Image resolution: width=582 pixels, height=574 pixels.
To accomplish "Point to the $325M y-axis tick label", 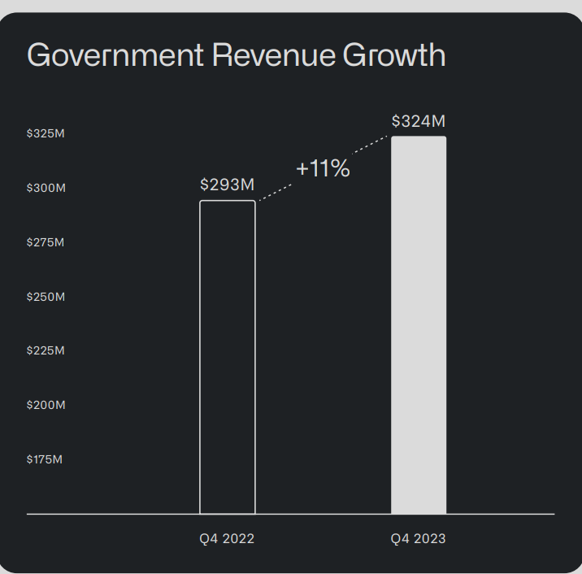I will click(46, 133).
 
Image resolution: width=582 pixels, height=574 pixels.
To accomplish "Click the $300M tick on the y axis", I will click(46, 188).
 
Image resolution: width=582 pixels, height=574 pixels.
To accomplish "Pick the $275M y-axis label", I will click(46, 242).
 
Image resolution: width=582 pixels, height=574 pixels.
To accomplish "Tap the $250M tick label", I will click(46, 297).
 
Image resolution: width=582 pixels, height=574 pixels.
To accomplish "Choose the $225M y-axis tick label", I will click(46, 350).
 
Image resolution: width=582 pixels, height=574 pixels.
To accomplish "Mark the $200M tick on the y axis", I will click(46, 405).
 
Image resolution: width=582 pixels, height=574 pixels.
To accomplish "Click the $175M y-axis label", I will click(45, 459).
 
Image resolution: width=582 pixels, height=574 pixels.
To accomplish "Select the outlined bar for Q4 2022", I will click(228, 358).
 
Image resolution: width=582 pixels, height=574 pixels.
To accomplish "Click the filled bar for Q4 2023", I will click(419, 325).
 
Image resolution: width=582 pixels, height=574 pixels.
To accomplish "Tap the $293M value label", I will click(228, 185).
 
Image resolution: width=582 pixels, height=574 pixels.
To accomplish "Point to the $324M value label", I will click(419, 121).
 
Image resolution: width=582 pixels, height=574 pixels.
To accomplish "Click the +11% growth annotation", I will click(323, 168).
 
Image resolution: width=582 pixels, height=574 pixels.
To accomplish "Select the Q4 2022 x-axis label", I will click(227, 538).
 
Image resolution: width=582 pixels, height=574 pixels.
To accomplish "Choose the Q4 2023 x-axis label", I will click(418, 538).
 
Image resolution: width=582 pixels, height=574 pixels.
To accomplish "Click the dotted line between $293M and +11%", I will click(275, 192).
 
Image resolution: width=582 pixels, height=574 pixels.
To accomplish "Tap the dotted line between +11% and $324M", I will click(371, 144).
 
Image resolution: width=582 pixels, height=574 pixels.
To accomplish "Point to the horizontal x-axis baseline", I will click(122, 514).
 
